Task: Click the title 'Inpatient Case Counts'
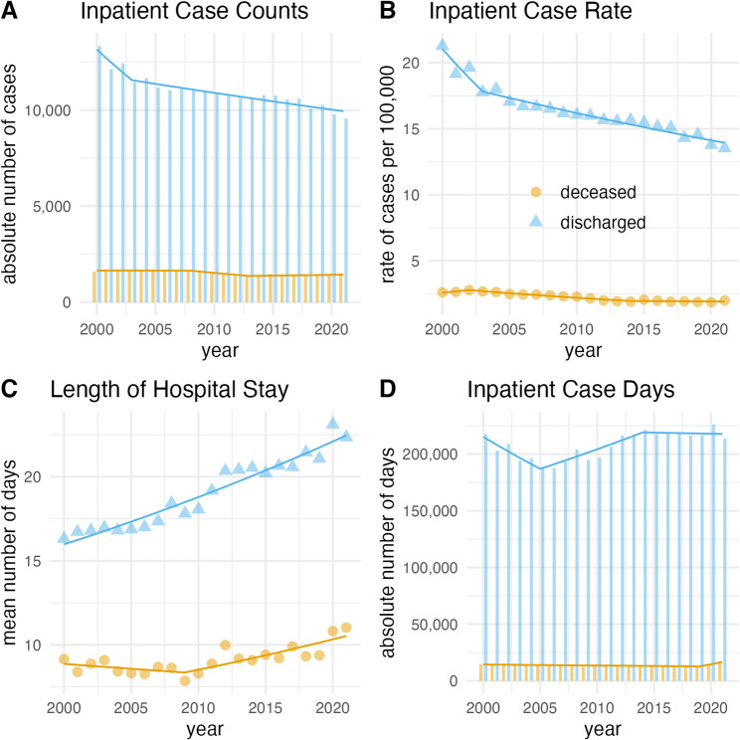[x=194, y=11]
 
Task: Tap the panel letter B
[x=388, y=11]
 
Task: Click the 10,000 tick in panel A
[x=48, y=110]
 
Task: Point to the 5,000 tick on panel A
[x=52, y=206]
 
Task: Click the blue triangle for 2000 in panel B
[x=443, y=45]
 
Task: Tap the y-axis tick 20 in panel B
[x=411, y=63]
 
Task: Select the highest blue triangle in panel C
[x=333, y=423]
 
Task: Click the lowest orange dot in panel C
[x=185, y=680]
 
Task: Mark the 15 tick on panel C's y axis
[x=45, y=561]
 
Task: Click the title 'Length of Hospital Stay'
[x=169, y=390]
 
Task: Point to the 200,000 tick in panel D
[x=430, y=454]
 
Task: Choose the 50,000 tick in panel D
[x=435, y=625]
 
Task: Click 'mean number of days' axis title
[x=9, y=553]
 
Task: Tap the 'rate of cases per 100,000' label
[x=388, y=175]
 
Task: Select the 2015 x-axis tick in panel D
[x=654, y=708]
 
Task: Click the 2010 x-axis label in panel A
[x=214, y=329]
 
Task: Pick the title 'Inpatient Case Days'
[x=571, y=390]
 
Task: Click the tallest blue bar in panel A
[x=99, y=174]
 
